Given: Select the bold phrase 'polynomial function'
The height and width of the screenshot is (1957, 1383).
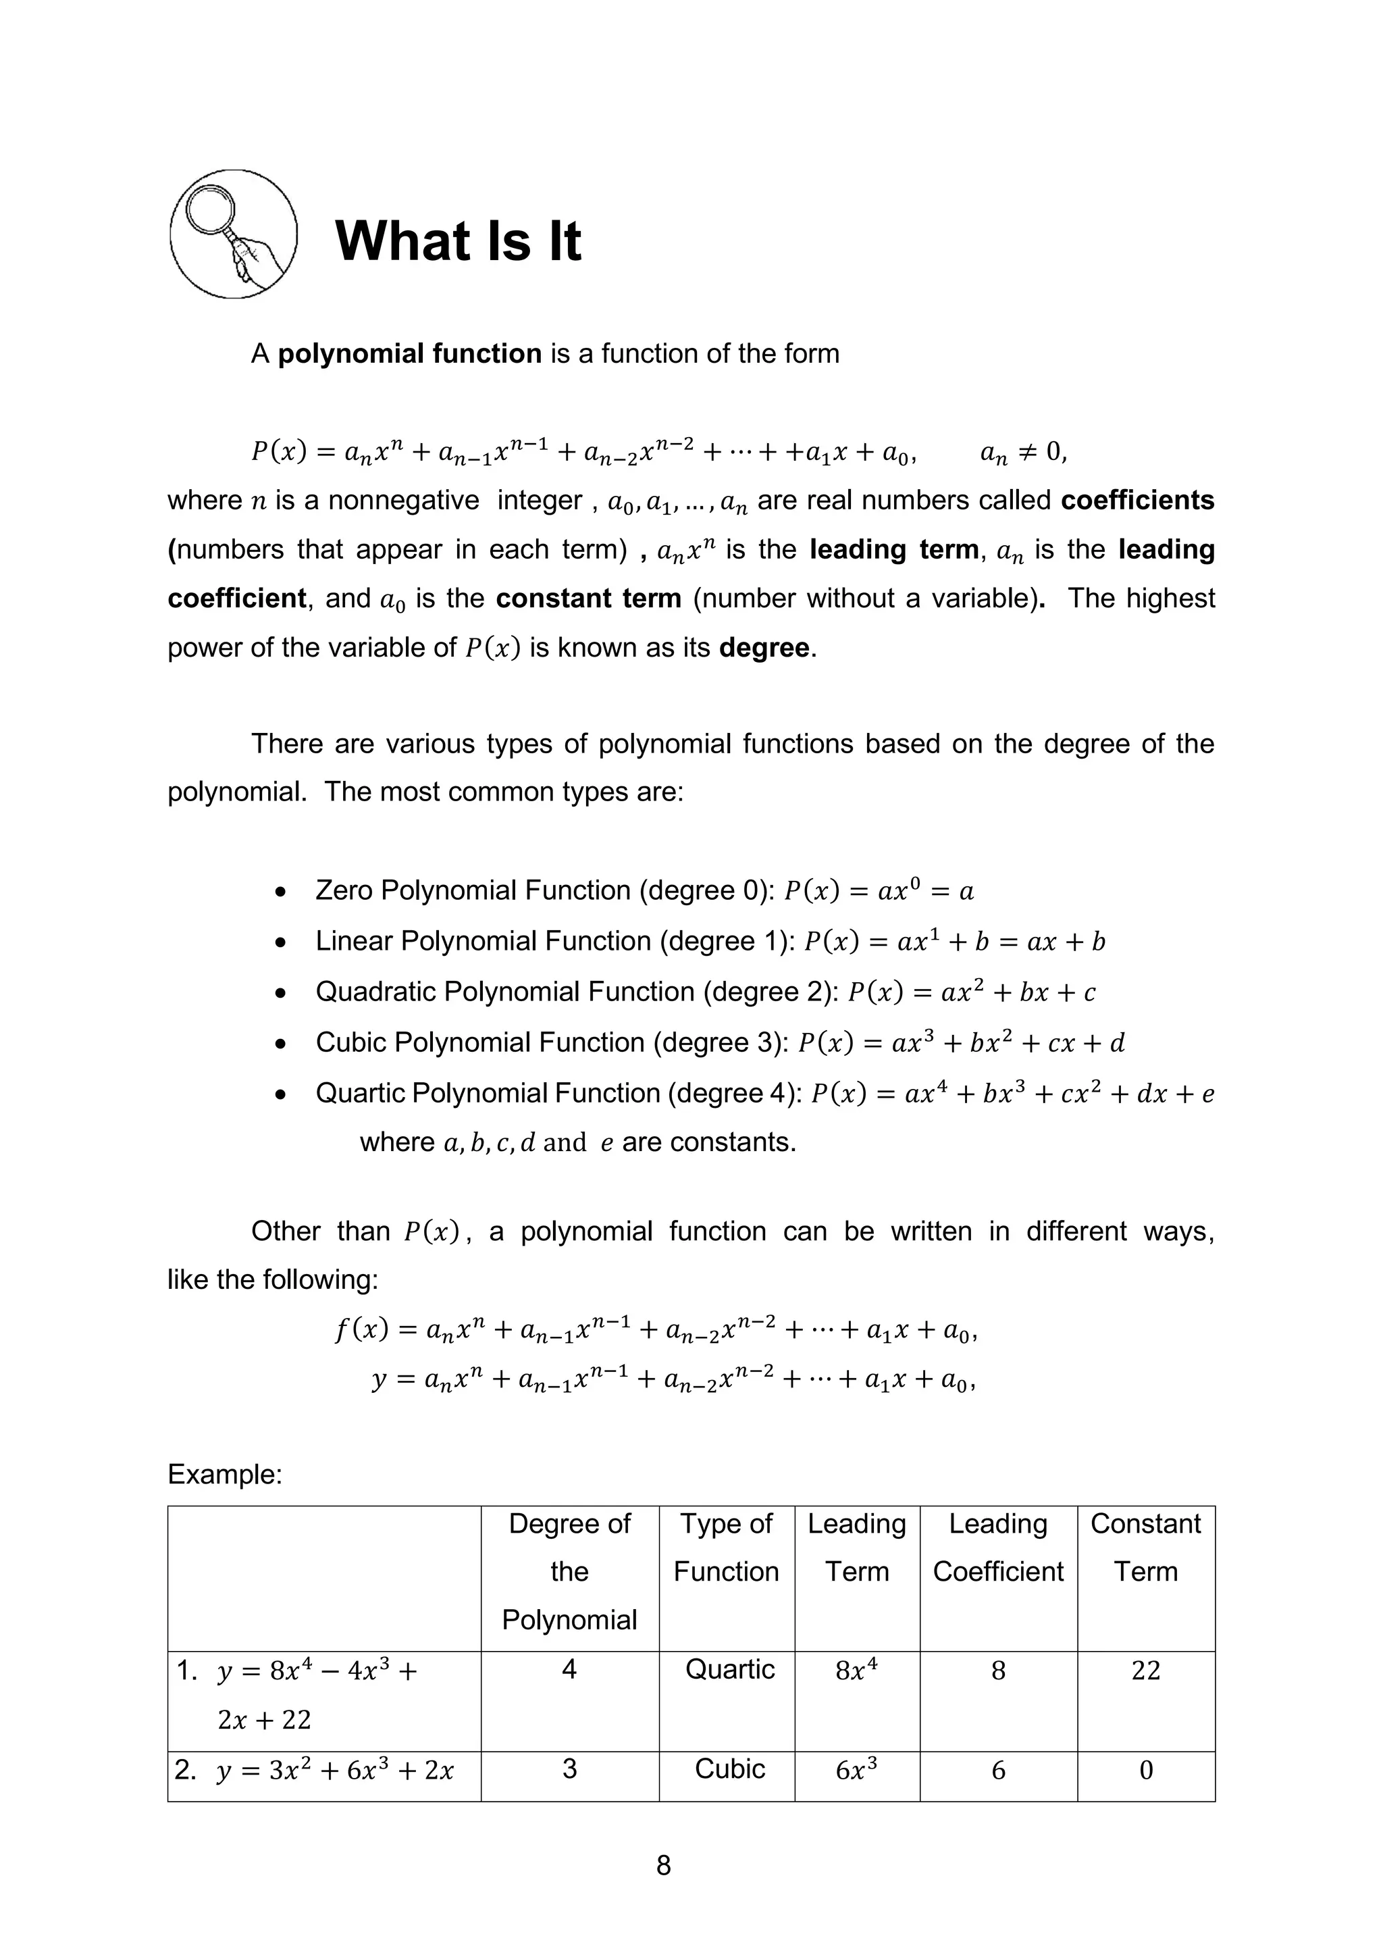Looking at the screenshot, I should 410,354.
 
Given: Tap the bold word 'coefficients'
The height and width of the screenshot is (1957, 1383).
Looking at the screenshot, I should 1137,501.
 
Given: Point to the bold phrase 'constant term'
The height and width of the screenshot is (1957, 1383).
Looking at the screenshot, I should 588,599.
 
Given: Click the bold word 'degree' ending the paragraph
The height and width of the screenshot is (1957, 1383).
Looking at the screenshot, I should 764,648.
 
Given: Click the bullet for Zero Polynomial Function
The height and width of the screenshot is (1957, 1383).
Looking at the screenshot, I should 280,892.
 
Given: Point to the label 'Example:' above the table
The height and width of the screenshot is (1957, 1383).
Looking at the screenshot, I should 225,1474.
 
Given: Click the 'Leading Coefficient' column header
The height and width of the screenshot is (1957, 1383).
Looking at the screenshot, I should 998,1547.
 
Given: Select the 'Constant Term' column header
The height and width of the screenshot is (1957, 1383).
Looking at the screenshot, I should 1145,1547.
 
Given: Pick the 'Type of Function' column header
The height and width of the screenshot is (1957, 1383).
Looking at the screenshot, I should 726,1547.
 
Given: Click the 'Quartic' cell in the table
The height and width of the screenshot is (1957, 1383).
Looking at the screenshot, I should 729,1669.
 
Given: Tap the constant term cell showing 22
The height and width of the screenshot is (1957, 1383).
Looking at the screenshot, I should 1145,1671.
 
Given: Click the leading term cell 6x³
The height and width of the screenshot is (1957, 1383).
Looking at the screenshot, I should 856,1771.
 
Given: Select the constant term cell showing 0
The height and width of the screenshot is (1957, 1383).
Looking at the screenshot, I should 1145,1771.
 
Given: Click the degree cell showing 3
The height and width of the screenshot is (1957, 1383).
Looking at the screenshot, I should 569,1769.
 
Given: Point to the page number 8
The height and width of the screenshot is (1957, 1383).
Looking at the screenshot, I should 664,1866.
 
